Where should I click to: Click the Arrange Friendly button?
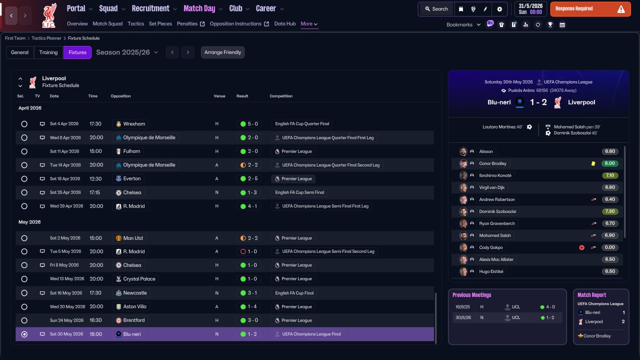point(222,52)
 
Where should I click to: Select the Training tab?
point(48,52)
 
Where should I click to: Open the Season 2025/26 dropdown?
point(127,52)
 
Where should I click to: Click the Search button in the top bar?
point(436,9)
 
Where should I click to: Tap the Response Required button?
point(590,9)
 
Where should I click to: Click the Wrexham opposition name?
point(134,124)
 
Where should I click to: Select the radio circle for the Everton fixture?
point(24,179)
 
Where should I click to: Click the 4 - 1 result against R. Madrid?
point(252,206)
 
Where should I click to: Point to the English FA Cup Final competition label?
point(294,293)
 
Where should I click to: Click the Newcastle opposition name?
point(135,293)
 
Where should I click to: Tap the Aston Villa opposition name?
point(134,306)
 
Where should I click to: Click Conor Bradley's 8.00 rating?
point(609,163)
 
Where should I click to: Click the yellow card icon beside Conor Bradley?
point(593,163)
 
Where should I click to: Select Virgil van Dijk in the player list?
point(491,187)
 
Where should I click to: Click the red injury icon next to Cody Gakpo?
point(581,247)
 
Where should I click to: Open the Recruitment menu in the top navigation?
point(150,8)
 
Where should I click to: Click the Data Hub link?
point(285,23)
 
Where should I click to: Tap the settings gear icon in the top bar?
point(499,9)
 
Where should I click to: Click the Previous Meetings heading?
point(471,295)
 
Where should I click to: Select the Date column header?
point(54,96)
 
